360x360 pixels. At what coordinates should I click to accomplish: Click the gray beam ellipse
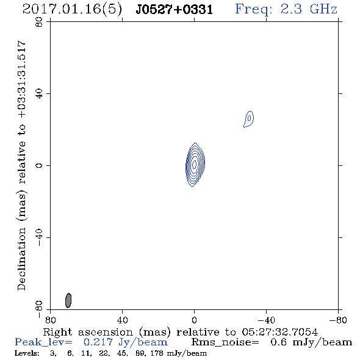(x=68, y=300)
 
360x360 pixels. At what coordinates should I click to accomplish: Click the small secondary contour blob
(x=249, y=119)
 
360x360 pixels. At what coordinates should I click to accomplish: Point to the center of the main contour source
(x=195, y=164)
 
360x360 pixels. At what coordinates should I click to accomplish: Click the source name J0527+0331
(x=174, y=10)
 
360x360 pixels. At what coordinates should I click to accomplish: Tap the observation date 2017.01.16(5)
(x=72, y=10)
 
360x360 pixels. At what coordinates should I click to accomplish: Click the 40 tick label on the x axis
(x=122, y=320)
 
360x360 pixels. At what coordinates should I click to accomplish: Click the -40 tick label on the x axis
(x=266, y=320)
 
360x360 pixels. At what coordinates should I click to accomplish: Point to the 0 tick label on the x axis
(x=194, y=320)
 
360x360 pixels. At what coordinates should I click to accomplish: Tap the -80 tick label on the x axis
(x=338, y=320)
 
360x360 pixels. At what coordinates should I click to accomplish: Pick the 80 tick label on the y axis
(x=39, y=22)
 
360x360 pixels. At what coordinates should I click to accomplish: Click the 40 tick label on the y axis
(x=39, y=94)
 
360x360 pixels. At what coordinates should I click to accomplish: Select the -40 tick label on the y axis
(x=39, y=237)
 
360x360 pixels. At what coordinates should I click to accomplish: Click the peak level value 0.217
(x=98, y=342)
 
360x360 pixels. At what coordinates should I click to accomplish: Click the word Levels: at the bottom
(x=27, y=353)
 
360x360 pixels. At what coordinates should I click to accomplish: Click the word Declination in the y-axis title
(x=21, y=259)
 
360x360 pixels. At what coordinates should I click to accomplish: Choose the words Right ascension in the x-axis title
(x=88, y=332)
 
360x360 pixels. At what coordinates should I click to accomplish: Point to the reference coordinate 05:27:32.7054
(x=280, y=332)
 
